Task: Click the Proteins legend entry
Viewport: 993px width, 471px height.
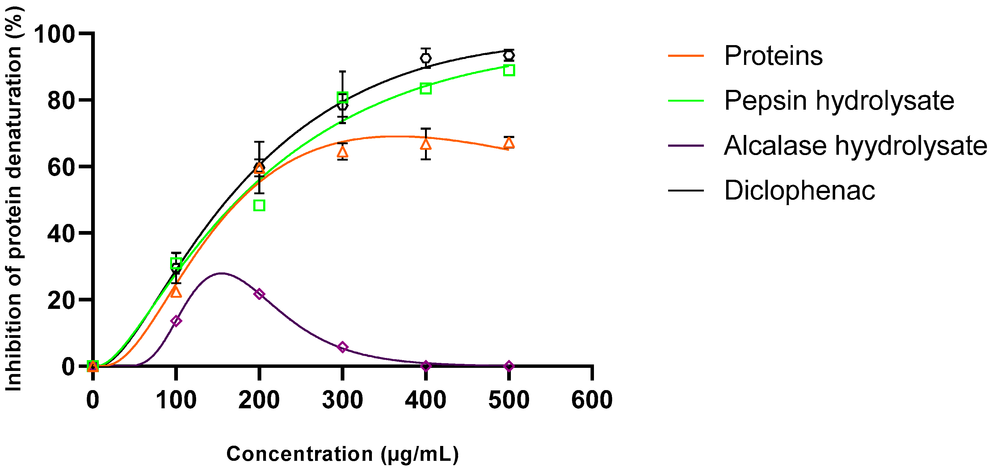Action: coord(773,56)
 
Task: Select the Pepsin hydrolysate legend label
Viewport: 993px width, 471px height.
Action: coord(839,101)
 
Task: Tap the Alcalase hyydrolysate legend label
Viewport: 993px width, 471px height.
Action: coord(855,146)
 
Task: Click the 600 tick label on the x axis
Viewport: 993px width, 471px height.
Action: coord(592,400)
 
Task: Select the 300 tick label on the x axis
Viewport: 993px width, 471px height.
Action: coord(342,400)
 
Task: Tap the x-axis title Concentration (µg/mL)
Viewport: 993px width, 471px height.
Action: coord(342,454)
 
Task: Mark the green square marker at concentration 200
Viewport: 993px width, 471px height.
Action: coord(259,205)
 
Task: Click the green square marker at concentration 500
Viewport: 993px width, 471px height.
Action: coord(509,70)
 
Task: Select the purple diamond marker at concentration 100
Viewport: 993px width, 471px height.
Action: coord(176,321)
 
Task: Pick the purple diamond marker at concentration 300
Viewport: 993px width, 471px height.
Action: coord(342,347)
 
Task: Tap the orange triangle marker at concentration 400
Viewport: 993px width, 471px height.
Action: coord(426,144)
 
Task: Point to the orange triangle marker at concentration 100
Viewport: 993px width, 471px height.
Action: coord(176,292)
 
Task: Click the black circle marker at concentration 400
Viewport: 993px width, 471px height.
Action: coord(426,58)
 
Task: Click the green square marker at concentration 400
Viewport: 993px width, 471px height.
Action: coord(426,89)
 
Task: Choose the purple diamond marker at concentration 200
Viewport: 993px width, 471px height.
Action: coord(259,294)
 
